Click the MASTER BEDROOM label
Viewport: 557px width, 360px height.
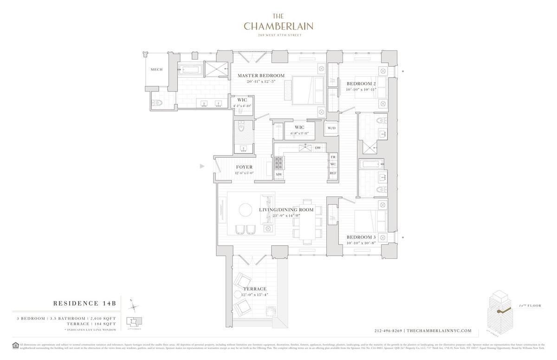tap(261, 76)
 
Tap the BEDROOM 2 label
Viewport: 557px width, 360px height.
tap(361, 84)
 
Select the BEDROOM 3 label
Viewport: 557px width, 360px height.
tap(361, 237)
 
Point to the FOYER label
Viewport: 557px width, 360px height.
tap(244, 167)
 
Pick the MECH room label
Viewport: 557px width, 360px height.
tap(156, 70)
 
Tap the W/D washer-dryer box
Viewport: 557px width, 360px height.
tap(331, 128)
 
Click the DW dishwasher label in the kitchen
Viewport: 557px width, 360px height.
tap(318, 148)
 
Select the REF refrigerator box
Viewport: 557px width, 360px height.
tap(333, 173)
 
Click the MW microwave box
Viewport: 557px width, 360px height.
tap(278, 174)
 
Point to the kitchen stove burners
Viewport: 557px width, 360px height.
tap(278, 162)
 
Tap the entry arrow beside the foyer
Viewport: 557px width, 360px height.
tap(202, 166)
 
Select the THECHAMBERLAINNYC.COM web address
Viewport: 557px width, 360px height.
tap(440, 331)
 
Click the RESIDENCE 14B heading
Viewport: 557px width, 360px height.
tap(84, 303)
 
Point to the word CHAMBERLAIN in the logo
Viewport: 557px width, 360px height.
tap(278, 26)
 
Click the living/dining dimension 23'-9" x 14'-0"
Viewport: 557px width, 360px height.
tap(286, 215)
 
